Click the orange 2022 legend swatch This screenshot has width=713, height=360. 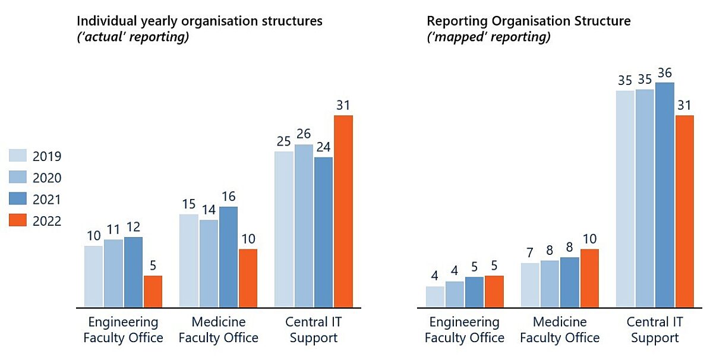pyautogui.click(x=18, y=220)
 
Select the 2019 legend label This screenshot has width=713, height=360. pyautogui.click(x=47, y=157)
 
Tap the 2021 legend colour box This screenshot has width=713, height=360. pyautogui.click(x=18, y=199)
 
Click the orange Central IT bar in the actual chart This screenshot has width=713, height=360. pyautogui.click(x=343, y=211)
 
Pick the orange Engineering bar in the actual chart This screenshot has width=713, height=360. pyautogui.click(x=153, y=292)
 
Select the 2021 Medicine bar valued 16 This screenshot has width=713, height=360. pyautogui.click(x=229, y=257)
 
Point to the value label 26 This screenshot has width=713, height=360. pyautogui.click(x=304, y=134)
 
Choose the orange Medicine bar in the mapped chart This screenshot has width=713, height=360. pyautogui.click(x=589, y=278)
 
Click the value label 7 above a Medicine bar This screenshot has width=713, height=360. pyautogui.click(x=530, y=252)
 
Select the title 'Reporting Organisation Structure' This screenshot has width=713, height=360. pyautogui.click(x=529, y=21)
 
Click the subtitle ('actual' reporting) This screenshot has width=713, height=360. pyautogui.click(x=133, y=37)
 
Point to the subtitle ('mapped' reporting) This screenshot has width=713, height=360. pyautogui.click(x=488, y=37)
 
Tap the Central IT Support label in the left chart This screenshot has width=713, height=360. pyautogui.click(x=314, y=330)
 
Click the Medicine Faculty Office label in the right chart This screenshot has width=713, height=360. pyautogui.click(x=560, y=330)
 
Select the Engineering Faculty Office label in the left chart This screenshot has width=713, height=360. pyautogui.click(x=123, y=330)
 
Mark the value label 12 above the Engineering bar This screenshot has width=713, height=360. pyautogui.click(x=133, y=226)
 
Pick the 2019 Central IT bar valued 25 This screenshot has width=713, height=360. pyautogui.click(x=284, y=230)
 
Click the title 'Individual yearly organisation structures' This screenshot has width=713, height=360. pyautogui.click(x=200, y=21)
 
